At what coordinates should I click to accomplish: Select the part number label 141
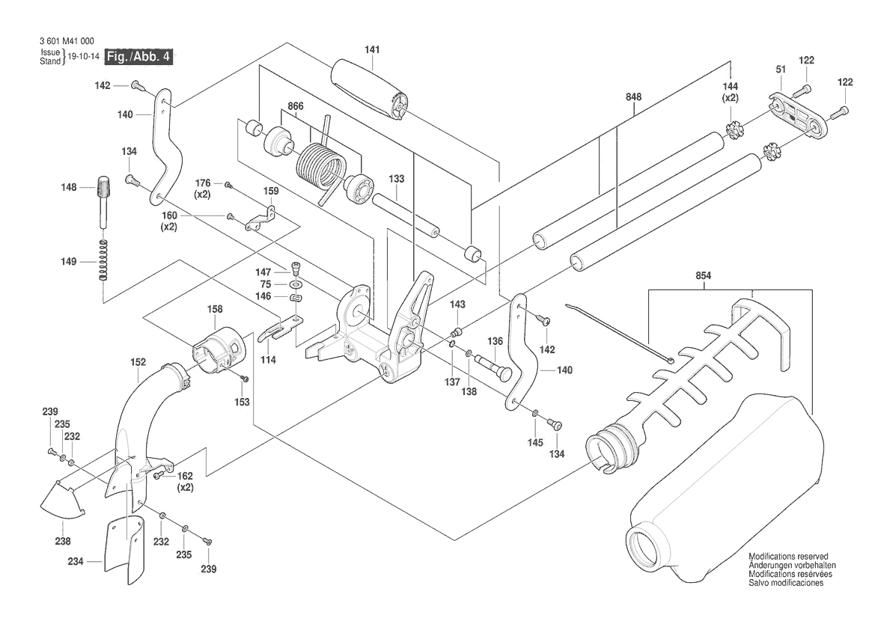pos(372,49)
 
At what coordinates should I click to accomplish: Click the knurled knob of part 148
pos(104,186)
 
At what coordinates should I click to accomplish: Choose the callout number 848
pos(635,97)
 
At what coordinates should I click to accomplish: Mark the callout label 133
pos(397,179)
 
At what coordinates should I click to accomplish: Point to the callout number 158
pos(215,308)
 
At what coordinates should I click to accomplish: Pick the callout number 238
pos(62,541)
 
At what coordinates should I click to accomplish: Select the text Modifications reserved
pos(788,557)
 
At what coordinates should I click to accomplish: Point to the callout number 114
pos(268,360)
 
